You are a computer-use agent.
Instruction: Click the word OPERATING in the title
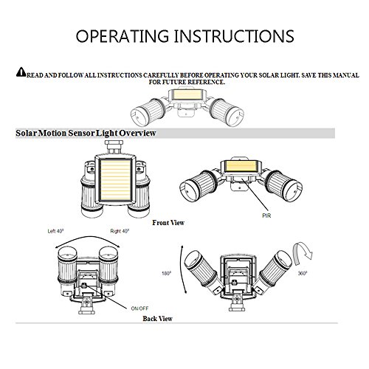(x=122, y=36)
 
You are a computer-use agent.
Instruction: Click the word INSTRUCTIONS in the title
(x=234, y=36)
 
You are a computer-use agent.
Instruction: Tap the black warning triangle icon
(x=21, y=72)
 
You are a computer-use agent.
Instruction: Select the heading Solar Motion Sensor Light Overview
(x=86, y=133)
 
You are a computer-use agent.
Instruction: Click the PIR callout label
(x=266, y=215)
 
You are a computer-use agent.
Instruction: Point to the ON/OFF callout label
(x=139, y=308)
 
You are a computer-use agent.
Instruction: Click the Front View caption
(x=168, y=223)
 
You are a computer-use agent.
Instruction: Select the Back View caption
(x=157, y=319)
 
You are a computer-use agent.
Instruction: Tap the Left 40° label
(x=55, y=231)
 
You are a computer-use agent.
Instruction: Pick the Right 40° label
(x=120, y=231)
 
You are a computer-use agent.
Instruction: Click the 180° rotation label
(x=166, y=273)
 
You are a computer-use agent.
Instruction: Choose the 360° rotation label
(x=303, y=273)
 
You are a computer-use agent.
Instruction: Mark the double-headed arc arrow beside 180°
(x=180, y=269)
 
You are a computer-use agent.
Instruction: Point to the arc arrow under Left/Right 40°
(x=88, y=237)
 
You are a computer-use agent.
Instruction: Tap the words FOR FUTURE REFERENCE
(x=187, y=82)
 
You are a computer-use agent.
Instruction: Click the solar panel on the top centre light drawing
(x=186, y=94)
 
